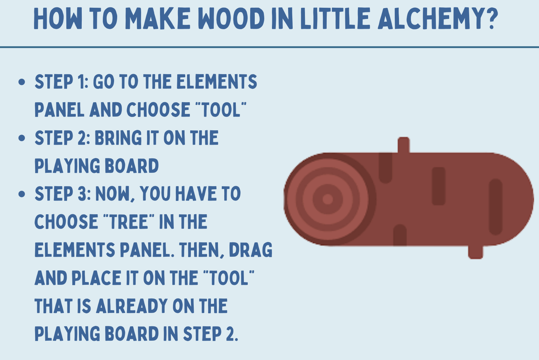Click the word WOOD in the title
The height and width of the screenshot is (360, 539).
point(231,18)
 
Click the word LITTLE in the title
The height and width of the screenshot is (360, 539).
point(335,18)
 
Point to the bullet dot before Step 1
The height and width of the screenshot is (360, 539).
point(22,82)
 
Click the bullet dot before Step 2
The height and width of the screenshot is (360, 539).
point(22,138)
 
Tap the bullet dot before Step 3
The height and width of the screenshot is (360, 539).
point(22,194)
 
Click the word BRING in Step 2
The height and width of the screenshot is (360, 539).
point(118,138)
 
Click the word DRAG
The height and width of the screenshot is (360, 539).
point(251,250)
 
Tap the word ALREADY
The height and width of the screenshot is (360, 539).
point(132,306)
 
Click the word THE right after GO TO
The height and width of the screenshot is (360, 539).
point(157,81)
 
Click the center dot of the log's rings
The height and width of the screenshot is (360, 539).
point(327,199)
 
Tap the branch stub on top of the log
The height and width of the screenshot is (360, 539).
point(404,145)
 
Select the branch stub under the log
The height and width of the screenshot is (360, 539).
point(475,252)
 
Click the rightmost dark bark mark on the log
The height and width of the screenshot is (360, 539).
point(496,207)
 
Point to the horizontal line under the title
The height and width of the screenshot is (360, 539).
point(269,47)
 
